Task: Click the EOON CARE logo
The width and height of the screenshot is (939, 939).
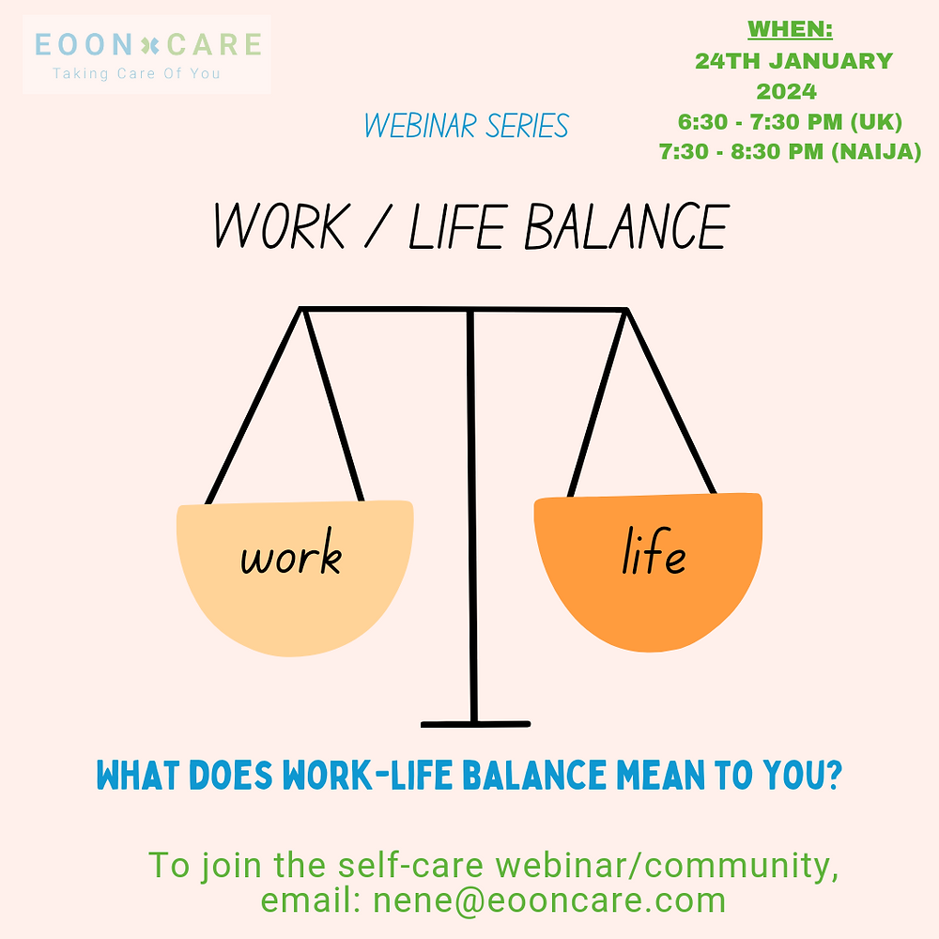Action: click(x=147, y=44)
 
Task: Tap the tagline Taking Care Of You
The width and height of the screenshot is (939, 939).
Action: click(x=136, y=73)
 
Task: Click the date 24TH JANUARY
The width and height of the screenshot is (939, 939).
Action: click(x=793, y=61)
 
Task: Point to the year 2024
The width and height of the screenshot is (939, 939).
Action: click(x=787, y=92)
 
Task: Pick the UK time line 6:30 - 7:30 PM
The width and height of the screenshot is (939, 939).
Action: click(x=790, y=122)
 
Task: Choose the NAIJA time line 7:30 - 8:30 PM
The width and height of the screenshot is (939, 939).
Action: click(x=790, y=151)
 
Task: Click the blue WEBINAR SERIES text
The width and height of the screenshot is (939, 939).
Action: click(x=467, y=126)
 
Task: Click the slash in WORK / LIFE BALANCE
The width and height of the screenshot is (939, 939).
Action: click(x=380, y=228)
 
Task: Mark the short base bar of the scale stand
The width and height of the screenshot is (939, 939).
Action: click(x=475, y=724)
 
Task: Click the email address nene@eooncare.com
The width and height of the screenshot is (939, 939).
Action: click(x=549, y=900)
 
